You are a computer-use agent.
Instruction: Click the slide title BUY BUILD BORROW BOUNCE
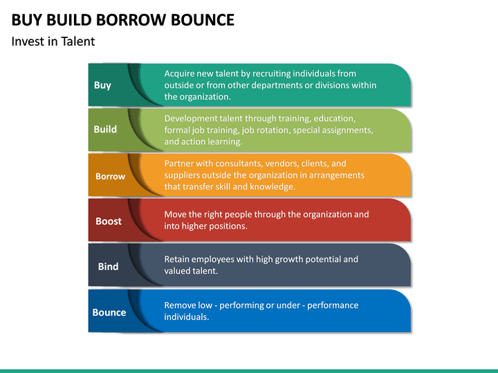123,19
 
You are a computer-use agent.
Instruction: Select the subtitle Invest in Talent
53,41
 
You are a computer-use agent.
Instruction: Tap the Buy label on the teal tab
102,85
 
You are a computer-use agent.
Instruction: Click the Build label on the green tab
105,129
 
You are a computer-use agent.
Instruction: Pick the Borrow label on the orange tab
110,176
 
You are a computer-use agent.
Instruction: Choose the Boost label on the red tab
108,221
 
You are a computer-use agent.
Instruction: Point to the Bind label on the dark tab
108,266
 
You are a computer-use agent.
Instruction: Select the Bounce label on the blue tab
109,312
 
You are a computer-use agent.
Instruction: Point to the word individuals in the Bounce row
186,316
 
